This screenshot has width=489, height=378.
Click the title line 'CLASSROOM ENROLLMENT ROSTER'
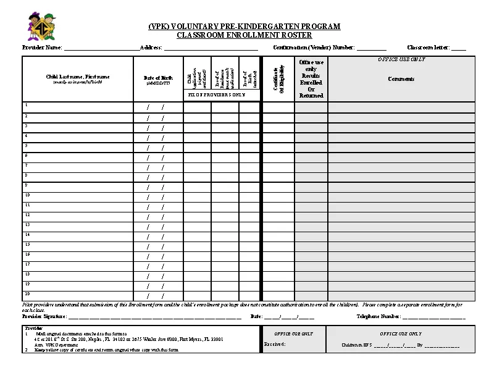[x=244, y=35]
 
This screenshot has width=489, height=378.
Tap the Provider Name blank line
[x=101, y=48]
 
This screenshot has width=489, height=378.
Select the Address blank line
[x=210, y=48]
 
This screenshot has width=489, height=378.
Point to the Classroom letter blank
[x=458, y=48]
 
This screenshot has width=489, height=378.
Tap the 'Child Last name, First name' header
[x=78, y=78]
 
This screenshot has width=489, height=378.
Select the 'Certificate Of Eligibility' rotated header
[x=278, y=78]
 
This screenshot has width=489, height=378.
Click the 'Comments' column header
[x=401, y=79]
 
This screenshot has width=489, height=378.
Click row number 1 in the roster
[x=26, y=105]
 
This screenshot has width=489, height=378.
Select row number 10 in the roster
[x=27, y=195]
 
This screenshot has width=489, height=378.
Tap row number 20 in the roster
[x=27, y=293]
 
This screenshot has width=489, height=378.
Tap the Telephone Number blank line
[x=433, y=317]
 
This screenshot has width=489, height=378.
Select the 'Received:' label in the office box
[x=274, y=344]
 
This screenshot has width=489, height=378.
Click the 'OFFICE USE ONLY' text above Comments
[x=401, y=59]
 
